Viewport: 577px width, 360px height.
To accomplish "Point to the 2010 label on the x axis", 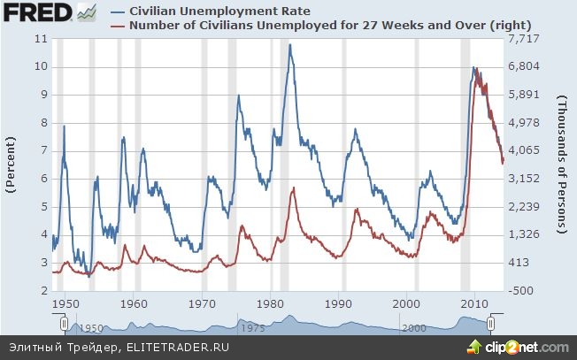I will click(x=475, y=302).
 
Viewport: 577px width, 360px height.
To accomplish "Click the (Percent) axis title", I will click(x=12, y=165).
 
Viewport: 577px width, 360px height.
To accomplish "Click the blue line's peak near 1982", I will click(x=289, y=45).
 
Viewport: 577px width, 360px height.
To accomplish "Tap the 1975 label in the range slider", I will click(x=254, y=327).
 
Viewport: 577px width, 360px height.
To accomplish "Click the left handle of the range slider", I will click(x=52, y=325).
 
